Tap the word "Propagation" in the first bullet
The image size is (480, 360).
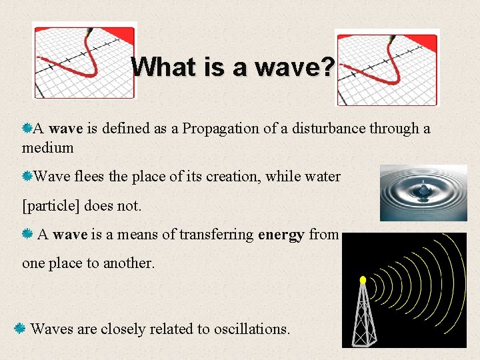pos(220,128)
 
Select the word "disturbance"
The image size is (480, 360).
pos(323,128)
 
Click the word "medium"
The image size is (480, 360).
pos(47,147)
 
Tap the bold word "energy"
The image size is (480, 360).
pos(281,234)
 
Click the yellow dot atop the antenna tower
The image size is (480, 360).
pos(363,280)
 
